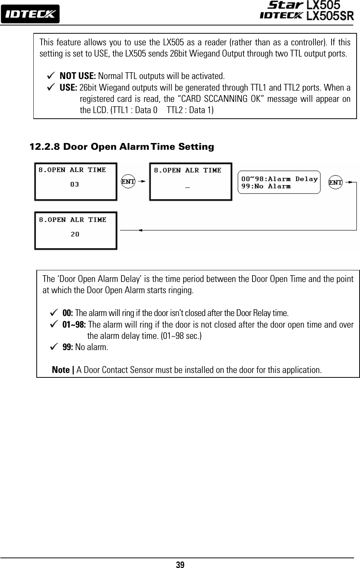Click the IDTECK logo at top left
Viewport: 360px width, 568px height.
[30, 14]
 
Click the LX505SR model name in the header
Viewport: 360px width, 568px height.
[330, 16]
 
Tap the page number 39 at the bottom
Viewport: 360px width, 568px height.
[180, 565]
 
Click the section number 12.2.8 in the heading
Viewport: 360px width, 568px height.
[45, 147]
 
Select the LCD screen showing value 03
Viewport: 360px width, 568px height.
[76, 182]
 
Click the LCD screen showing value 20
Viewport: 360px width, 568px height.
[76, 231]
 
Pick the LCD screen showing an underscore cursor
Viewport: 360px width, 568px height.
[191, 182]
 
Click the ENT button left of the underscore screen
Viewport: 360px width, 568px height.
[128, 182]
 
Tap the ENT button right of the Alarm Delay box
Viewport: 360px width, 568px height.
[335, 182]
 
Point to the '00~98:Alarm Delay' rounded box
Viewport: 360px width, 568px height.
[279, 182]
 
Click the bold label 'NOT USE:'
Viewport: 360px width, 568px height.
[78, 76]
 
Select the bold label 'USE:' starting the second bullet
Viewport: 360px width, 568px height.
[69, 88]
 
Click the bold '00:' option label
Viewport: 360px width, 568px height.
[68, 313]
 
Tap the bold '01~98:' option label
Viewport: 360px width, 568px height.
[74, 325]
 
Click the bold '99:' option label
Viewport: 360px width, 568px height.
[68, 347]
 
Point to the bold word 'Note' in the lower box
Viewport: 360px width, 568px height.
[61, 370]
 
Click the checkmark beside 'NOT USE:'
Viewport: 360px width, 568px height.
[51, 76]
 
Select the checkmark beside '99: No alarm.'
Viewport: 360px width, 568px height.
[54, 347]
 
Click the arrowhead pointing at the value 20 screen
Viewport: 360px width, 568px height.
[140, 230]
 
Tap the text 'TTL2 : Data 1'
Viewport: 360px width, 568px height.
[190, 110]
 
